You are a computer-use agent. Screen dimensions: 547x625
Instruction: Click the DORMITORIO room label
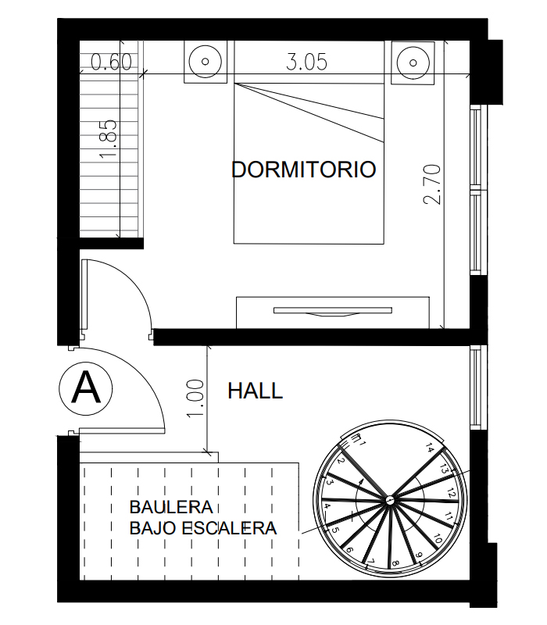(x=303, y=170)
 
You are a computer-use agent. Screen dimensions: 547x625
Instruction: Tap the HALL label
(x=256, y=391)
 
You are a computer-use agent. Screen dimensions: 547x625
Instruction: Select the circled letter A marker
(x=86, y=388)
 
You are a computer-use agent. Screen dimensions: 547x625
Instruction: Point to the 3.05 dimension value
(x=306, y=62)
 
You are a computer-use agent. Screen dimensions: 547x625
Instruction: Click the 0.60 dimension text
(x=111, y=62)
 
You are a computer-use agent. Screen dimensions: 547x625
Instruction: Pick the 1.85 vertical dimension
(x=109, y=139)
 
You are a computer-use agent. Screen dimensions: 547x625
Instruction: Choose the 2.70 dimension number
(x=433, y=184)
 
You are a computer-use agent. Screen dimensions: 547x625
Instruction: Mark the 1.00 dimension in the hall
(x=196, y=398)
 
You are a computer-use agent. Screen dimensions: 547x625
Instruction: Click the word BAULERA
(x=171, y=507)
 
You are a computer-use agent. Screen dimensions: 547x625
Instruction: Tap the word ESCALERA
(x=229, y=528)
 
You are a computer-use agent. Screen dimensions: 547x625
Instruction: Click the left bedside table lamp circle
(x=205, y=62)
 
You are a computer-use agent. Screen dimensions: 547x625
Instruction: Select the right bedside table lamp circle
(x=413, y=62)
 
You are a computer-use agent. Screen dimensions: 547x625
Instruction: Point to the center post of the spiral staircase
(x=388, y=499)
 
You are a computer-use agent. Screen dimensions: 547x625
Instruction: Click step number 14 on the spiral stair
(x=429, y=447)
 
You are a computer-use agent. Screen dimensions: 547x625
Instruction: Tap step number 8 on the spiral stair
(x=395, y=563)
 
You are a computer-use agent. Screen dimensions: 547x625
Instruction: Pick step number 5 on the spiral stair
(x=335, y=530)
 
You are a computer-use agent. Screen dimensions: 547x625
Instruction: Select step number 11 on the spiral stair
(x=448, y=516)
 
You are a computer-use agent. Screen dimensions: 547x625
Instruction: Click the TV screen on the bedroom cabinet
(x=333, y=310)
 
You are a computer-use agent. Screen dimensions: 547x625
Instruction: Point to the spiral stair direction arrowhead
(x=361, y=481)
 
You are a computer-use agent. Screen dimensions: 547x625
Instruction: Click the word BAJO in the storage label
(x=152, y=528)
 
